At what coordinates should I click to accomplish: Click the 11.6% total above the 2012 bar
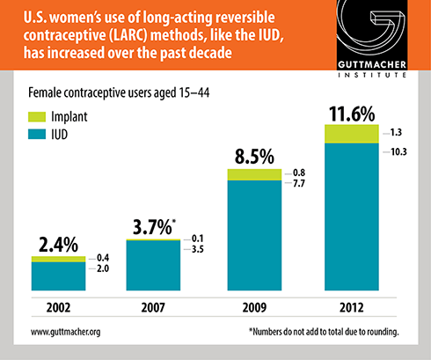click(352, 114)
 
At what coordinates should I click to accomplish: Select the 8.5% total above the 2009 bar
click(254, 157)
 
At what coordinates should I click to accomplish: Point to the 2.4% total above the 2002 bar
click(58, 245)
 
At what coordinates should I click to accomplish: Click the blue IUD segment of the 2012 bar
click(352, 217)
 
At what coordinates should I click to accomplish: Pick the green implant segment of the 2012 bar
click(352, 134)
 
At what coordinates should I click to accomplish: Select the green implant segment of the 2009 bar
click(254, 174)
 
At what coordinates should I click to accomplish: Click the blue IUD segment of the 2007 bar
click(153, 266)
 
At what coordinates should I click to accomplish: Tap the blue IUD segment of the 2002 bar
click(58, 276)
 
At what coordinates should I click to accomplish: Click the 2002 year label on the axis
click(58, 307)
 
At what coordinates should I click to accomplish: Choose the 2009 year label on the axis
click(254, 307)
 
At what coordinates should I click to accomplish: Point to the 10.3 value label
click(398, 151)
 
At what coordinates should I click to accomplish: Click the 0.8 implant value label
click(299, 173)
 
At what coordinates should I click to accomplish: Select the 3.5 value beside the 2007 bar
click(198, 249)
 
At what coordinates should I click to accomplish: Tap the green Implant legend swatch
click(37, 117)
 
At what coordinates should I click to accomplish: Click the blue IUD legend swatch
click(37, 135)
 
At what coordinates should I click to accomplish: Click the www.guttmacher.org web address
click(66, 332)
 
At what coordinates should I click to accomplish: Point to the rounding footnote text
click(324, 332)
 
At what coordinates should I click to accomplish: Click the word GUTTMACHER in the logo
click(372, 64)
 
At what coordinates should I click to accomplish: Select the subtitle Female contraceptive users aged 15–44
click(119, 92)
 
